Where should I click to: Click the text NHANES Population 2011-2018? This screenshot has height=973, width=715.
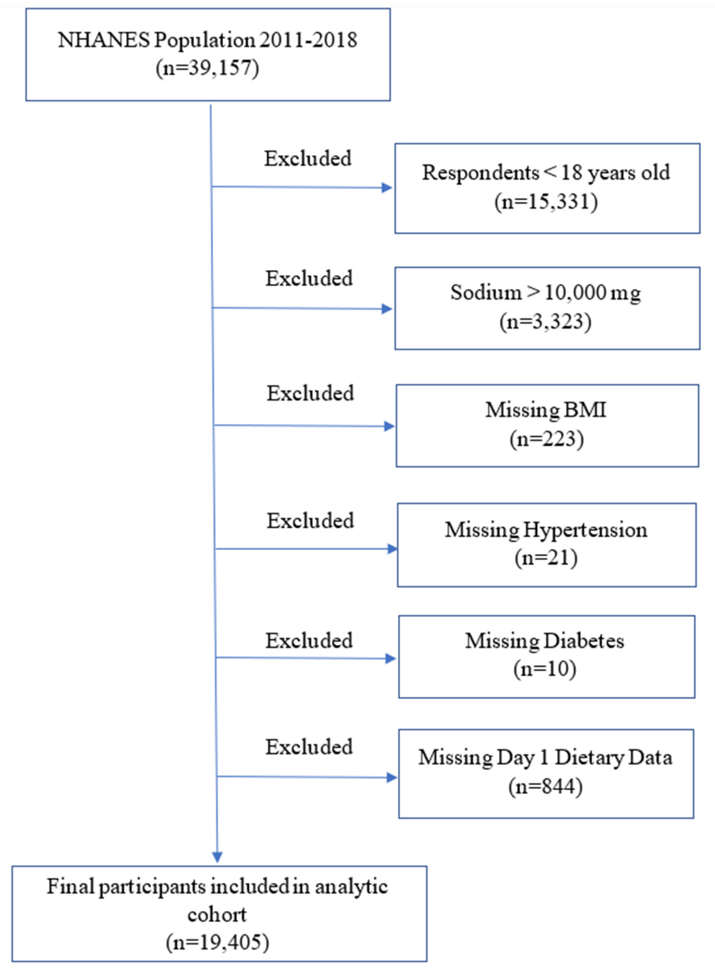208,40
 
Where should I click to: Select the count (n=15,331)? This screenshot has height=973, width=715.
546,202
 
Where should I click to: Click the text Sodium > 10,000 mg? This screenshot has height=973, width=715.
545,292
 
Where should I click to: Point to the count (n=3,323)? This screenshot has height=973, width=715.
545,322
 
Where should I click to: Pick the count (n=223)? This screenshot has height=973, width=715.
546,439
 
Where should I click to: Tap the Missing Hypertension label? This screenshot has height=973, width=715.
546,530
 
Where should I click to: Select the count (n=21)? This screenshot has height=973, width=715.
546,558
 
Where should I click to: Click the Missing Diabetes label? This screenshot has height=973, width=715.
544,641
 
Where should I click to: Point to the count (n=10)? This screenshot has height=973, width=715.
544,669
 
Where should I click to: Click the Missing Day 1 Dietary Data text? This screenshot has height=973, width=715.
545,758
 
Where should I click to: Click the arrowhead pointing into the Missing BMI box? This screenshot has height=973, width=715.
389,426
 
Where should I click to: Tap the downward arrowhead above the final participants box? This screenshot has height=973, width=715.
217,857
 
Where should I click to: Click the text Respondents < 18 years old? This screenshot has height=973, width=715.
546,173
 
